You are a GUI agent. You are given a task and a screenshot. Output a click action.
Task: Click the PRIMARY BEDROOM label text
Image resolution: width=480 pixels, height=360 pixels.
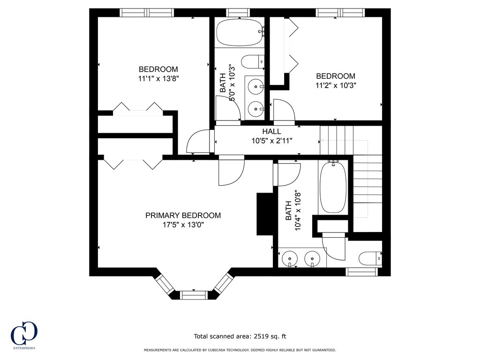click(183, 216)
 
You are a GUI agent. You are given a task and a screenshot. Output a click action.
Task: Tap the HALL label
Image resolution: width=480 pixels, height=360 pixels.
click(271, 132)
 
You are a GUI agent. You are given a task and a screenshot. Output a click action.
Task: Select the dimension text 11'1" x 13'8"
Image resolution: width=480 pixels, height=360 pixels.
click(158, 79)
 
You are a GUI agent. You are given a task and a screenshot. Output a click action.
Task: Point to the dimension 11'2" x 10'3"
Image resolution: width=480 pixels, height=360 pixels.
click(335, 85)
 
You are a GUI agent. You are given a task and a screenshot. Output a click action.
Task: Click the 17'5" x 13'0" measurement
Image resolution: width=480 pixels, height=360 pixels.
click(183, 225)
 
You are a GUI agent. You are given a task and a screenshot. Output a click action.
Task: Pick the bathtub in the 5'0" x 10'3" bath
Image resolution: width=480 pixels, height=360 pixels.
click(240, 32)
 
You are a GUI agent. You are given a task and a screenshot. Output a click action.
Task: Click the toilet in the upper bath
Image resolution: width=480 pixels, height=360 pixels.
click(252, 61)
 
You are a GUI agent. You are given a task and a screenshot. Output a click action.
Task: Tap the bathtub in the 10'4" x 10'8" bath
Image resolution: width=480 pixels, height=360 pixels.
click(333, 187)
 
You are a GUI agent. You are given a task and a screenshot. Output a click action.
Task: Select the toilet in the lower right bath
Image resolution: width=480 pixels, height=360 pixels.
click(370, 258)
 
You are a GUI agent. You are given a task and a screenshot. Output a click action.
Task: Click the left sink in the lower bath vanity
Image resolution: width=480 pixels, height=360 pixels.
click(290, 258)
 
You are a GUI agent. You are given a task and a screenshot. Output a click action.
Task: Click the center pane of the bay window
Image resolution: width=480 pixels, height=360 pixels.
click(194, 295)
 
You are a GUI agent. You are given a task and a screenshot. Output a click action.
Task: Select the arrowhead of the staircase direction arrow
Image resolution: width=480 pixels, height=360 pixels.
click(322, 140)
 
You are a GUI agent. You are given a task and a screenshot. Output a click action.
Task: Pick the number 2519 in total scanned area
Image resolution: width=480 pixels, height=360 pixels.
click(261, 336)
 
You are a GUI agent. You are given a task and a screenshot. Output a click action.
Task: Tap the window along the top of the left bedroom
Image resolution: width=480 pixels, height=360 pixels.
click(147, 13)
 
